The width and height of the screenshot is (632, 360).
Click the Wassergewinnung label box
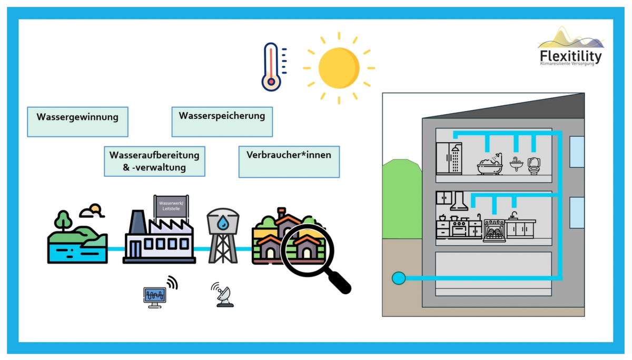pyautogui.click(x=77, y=122)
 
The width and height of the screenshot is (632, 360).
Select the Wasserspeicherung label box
pyautogui.click(x=222, y=122)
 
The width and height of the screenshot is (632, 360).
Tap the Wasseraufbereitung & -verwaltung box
pyautogui.click(x=154, y=161)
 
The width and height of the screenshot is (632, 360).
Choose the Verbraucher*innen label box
pyautogui.click(x=289, y=162)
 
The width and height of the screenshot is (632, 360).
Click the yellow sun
pyautogui.click(x=339, y=68)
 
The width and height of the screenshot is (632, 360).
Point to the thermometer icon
pyautogui.click(x=271, y=67)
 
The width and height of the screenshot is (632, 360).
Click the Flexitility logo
pyautogui.click(x=571, y=49)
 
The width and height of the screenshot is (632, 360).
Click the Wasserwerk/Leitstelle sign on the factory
pyautogui.click(x=171, y=205)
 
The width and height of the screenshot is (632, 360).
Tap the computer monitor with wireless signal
pyautogui.click(x=156, y=295)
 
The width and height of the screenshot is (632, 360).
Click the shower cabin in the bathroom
pyautogui.click(x=449, y=158)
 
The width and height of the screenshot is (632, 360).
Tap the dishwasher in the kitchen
pyautogui.click(x=494, y=231)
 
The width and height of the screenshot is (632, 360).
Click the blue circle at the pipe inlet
pyautogui.click(x=399, y=278)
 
